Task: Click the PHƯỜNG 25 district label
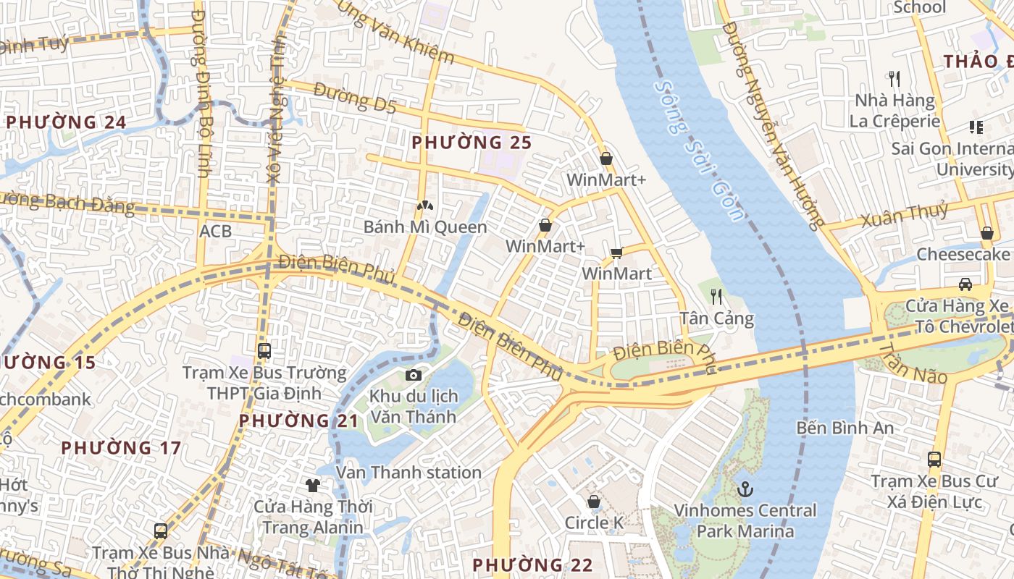coord(472,143)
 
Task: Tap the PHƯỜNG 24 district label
coord(67,122)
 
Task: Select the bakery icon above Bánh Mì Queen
coord(424,206)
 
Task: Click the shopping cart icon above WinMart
coord(616,253)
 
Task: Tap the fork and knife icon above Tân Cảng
coord(716,296)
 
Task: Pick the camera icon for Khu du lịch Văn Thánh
coord(413,375)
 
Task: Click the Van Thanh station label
coord(409,473)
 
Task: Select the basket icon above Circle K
coord(594,502)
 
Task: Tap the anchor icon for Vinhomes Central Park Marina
coord(745,490)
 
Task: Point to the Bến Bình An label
coord(845,428)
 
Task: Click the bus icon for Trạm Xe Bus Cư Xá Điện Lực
coord(934,459)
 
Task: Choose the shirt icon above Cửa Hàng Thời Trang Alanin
coord(312,485)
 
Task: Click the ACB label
coord(216,231)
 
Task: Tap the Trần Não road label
coord(913,364)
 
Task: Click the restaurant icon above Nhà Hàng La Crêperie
coord(894,78)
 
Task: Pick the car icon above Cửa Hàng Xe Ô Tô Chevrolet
coord(965,284)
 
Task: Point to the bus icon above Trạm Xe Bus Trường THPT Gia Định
coord(264,351)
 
